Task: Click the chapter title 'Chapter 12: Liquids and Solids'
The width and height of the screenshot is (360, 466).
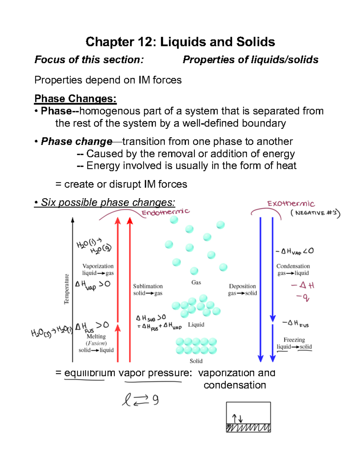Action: pyautogui.click(x=180, y=42)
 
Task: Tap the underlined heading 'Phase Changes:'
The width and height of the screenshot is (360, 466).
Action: pyautogui.click(x=75, y=98)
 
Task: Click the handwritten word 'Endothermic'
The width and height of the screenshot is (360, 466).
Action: pyautogui.click(x=165, y=212)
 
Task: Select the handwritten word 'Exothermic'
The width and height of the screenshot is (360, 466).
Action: pyautogui.click(x=291, y=204)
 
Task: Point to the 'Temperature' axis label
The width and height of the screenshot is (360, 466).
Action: pyautogui.click(x=67, y=289)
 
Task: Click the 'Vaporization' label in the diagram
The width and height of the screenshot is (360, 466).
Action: pyautogui.click(x=98, y=266)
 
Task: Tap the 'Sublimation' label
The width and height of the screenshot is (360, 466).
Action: pyautogui.click(x=148, y=286)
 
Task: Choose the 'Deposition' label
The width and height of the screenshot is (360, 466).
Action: pyautogui.click(x=242, y=286)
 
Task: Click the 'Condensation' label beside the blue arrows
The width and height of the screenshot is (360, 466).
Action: pyautogui.click(x=293, y=266)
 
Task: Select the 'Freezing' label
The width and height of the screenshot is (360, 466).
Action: pyautogui.click(x=294, y=340)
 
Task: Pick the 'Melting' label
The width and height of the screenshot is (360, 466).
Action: pyautogui.click(x=96, y=336)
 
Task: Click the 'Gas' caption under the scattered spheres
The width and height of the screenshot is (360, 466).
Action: pyautogui.click(x=196, y=282)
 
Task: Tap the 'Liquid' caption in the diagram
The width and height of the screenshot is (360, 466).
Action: pyautogui.click(x=196, y=325)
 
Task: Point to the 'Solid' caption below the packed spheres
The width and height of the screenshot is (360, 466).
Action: pyautogui.click(x=196, y=361)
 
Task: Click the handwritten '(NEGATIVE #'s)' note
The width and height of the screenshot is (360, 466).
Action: pyautogui.click(x=315, y=213)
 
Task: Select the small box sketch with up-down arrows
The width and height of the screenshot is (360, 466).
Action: pyautogui.click(x=248, y=417)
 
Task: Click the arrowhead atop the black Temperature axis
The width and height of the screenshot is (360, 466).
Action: pyautogui.click(x=73, y=220)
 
